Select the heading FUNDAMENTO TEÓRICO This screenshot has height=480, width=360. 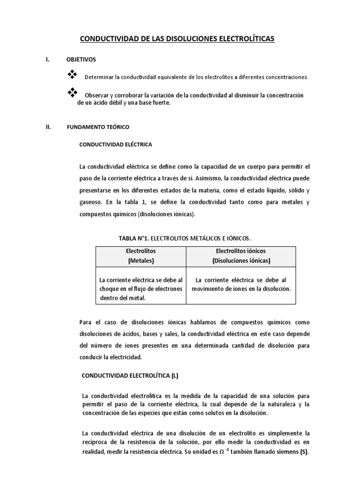[98, 127]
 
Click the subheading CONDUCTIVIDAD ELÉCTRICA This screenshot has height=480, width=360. [116, 145]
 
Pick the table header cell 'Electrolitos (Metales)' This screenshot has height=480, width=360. [141, 256]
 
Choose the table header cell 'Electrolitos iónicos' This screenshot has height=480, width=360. [241, 256]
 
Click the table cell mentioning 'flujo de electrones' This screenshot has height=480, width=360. [141, 289]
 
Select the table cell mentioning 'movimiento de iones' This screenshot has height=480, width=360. [241, 285]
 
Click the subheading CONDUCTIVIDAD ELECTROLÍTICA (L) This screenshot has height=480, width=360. [130, 375]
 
